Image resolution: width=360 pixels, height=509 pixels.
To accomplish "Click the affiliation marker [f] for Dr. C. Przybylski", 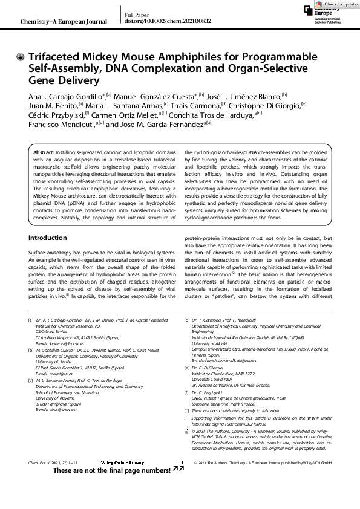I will (x=186, y=392).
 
